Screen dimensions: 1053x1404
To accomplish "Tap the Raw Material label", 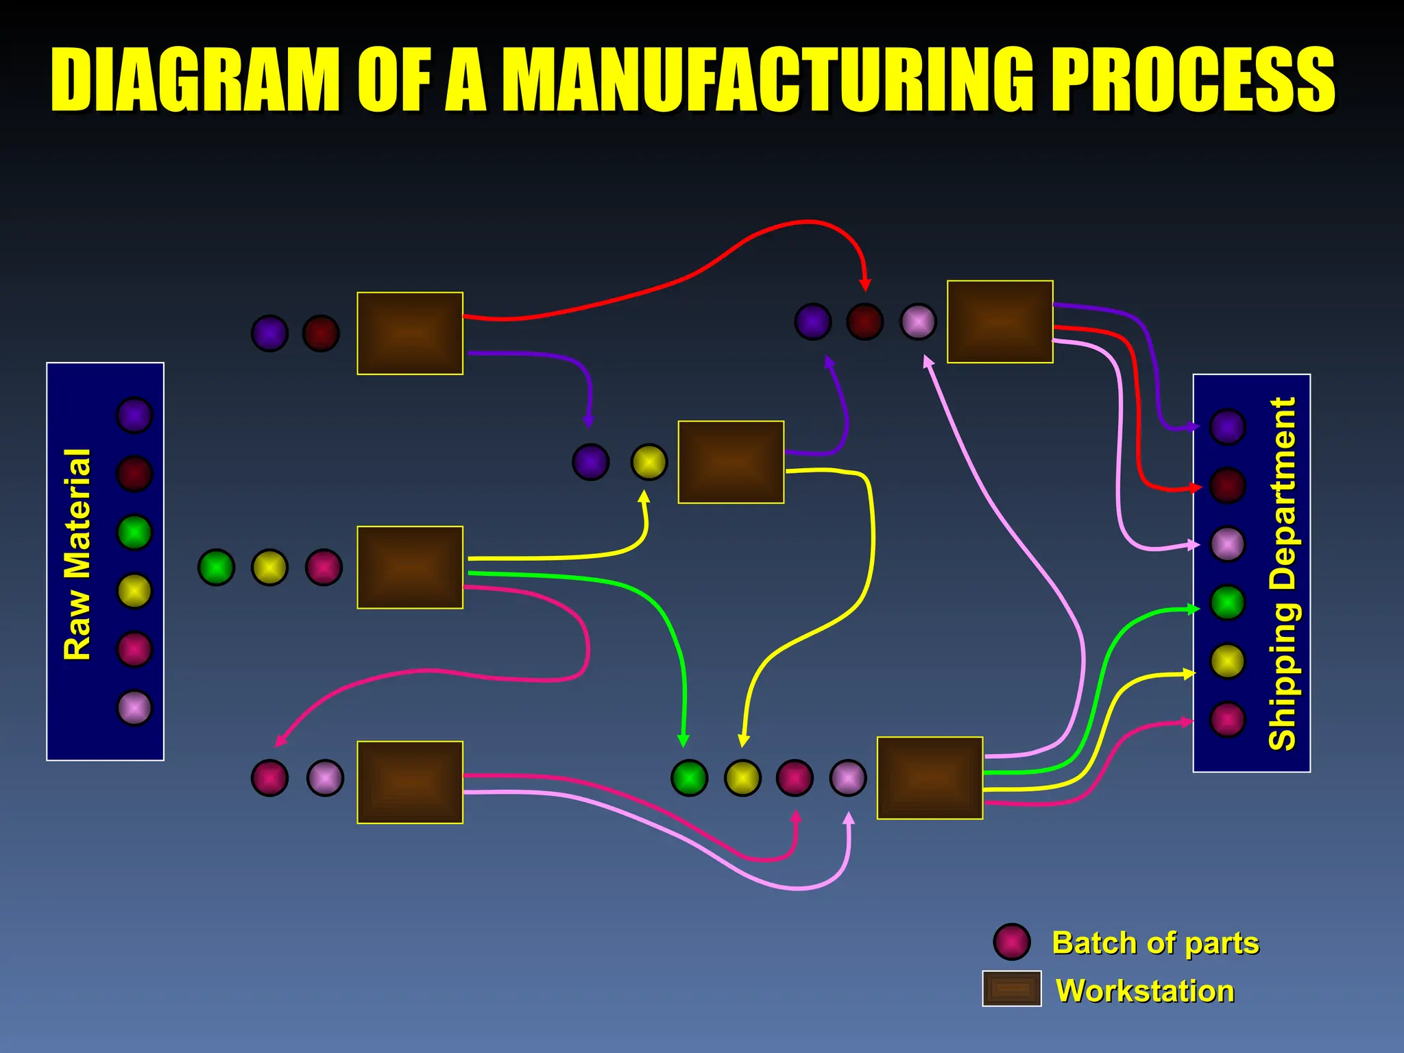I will click(x=77, y=554).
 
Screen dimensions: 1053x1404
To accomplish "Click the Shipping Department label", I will click(x=1282, y=573).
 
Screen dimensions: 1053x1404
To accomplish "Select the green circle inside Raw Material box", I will click(x=134, y=533).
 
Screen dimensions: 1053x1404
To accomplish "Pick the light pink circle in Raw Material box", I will click(x=134, y=707).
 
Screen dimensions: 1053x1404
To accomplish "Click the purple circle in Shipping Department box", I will click(x=1227, y=427).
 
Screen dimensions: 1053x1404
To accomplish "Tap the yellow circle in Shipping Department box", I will click(x=1227, y=661).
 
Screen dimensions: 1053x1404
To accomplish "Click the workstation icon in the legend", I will click(x=1011, y=989).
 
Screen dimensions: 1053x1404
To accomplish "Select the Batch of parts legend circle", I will click(x=1011, y=942).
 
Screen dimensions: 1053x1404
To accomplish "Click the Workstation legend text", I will click(x=1145, y=991).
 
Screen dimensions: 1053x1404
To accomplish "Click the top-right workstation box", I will click(x=1000, y=322).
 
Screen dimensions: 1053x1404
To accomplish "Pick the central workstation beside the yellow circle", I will click(x=731, y=462).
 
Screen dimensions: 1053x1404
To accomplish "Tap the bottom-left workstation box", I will click(x=410, y=782).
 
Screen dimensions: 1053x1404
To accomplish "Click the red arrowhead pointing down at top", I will click(x=865, y=285).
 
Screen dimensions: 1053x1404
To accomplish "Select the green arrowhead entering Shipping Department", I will click(x=1194, y=609).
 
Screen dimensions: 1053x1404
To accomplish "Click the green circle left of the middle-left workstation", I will click(x=216, y=568).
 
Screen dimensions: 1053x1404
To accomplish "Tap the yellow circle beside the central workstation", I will click(x=649, y=462).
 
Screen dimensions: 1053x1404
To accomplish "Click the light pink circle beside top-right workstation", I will click(x=918, y=322).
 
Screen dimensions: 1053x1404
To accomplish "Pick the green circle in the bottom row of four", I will click(x=689, y=778).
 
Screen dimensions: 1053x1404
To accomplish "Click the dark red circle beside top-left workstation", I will click(x=321, y=334).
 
